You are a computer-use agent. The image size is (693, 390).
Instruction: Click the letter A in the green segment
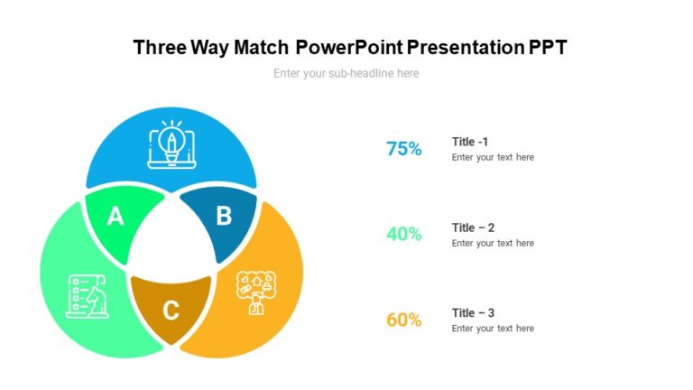click(115, 217)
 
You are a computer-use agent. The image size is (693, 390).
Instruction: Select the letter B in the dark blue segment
click(224, 217)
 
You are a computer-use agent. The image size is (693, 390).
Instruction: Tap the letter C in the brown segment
click(171, 311)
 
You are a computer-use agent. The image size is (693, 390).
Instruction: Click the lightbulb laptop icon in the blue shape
click(171, 145)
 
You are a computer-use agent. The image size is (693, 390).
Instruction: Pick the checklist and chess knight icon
click(88, 295)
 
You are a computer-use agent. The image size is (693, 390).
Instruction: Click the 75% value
click(403, 150)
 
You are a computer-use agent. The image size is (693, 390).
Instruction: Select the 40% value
click(403, 235)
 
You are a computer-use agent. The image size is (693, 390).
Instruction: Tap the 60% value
click(403, 320)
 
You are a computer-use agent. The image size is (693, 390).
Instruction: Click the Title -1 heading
click(470, 142)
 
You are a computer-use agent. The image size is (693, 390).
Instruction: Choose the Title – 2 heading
click(473, 227)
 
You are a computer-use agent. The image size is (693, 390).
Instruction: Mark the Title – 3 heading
click(473, 313)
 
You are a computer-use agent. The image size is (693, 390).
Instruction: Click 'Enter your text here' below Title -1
click(493, 157)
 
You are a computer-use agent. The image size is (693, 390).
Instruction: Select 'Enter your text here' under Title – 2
click(493, 243)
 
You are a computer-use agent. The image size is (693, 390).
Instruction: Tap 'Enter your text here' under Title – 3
click(493, 329)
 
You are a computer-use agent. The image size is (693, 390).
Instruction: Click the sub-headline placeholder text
click(346, 73)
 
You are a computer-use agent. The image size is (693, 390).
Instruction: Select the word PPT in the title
click(548, 48)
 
